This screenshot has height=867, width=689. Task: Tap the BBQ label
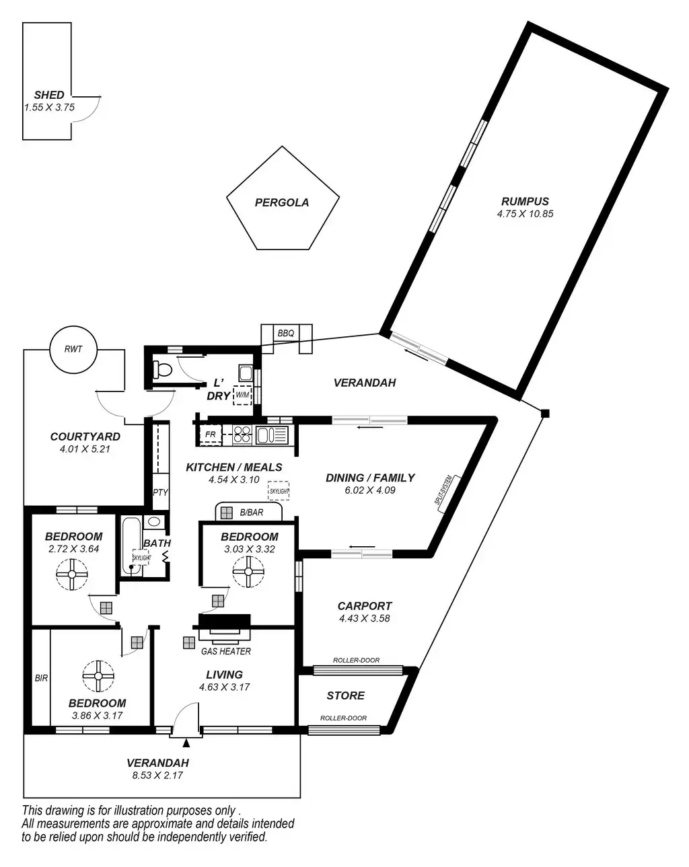click(x=285, y=333)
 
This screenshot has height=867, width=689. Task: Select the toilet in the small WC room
click(x=162, y=369)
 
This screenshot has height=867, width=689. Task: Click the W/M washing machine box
click(x=242, y=395)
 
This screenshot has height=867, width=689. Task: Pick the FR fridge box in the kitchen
click(x=211, y=435)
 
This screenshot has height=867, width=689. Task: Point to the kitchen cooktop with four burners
click(x=242, y=435)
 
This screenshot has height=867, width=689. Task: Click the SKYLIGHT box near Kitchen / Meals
click(x=278, y=491)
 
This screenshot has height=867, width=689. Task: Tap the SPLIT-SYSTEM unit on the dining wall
click(x=447, y=494)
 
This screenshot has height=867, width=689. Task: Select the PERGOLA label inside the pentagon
click(x=282, y=202)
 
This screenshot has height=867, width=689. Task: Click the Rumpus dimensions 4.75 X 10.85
click(x=525, y=213)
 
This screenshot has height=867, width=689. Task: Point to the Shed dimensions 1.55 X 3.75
click(x=49, y=107)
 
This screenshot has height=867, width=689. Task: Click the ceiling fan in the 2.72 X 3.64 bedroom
click(x=72, y=574)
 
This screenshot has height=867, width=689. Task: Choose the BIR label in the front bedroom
click(x=41, y=678)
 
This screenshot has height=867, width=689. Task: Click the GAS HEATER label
click(x=226, y=651)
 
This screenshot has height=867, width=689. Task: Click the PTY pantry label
click(x=160, y=492)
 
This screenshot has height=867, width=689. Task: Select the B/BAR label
click(x=252, y=513)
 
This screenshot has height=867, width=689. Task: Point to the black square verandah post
click(x=544, y=413)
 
